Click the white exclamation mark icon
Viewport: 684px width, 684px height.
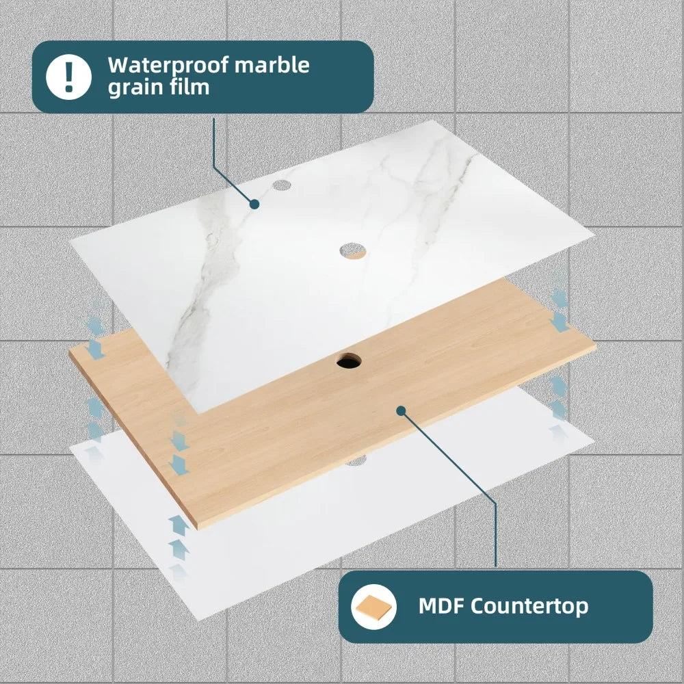coord(68,77)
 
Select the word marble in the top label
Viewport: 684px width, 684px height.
coord(272,64)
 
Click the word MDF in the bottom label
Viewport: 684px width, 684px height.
coord(440,605)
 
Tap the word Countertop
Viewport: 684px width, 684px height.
coord(529,606)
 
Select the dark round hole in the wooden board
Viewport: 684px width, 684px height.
coord(349,360)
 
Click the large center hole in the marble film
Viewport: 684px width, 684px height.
coord(352,251)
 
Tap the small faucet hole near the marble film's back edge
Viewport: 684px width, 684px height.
coord(281,185)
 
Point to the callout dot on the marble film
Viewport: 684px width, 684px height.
coord(254,204)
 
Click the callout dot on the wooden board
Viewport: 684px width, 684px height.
coord(402,410)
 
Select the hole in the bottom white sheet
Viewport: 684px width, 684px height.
coord(356,460)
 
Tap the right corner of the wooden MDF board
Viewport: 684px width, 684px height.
coord(596,345)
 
